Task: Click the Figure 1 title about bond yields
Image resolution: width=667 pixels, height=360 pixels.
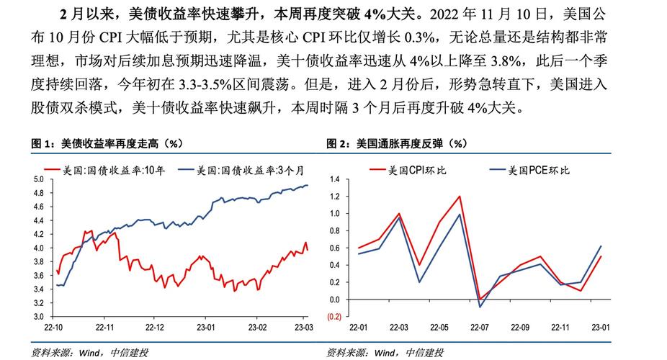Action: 105,144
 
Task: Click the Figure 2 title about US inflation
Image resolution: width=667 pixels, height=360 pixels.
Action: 397,144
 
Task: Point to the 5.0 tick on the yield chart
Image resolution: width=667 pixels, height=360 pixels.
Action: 39,179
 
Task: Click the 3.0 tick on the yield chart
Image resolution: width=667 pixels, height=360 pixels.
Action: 39,316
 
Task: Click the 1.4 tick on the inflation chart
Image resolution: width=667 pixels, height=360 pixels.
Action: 334,179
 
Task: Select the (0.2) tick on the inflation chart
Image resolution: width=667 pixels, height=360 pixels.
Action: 332,316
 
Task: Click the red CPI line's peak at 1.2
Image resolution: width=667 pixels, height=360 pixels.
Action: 459,197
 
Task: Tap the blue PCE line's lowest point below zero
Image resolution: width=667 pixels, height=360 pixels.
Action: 480,307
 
